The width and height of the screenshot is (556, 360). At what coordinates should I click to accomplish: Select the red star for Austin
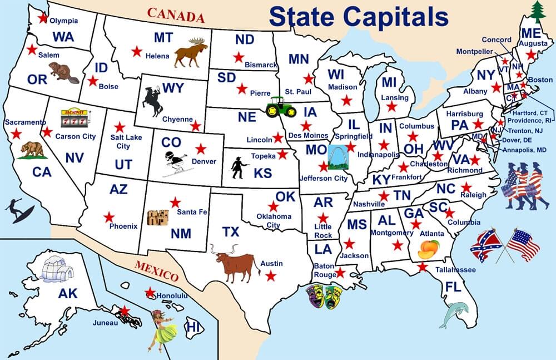pos(271,275)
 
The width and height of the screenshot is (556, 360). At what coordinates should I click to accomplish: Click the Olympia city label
pos(64,21)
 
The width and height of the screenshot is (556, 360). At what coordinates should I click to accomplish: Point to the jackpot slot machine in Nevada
pos(74,117)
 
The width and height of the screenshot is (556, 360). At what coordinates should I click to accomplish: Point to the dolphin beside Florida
pos(453,314)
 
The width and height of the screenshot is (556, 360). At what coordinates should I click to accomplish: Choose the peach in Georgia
pos(428,249)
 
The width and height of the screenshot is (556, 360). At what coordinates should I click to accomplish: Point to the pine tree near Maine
pos(537,12)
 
